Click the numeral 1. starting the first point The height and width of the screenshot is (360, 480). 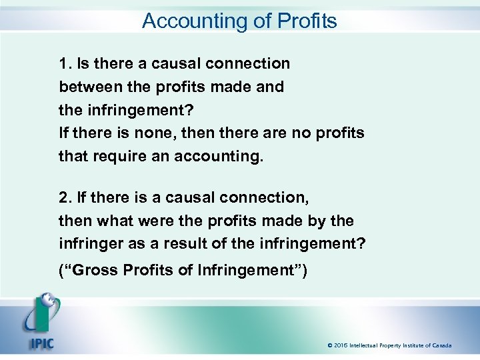[65, 63]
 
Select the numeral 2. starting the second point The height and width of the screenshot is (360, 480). [65, 197]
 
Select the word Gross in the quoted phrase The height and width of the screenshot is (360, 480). [95, 271]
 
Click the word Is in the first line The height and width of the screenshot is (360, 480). [83, 63]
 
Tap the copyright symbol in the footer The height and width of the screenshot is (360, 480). [330, 345]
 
